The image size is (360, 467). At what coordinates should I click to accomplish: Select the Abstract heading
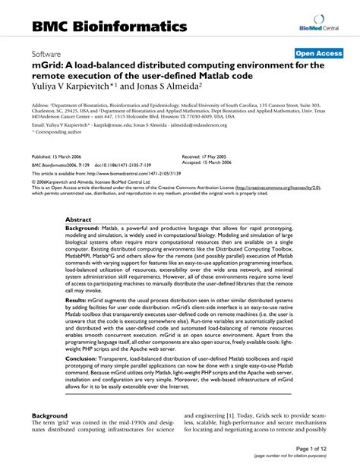(x=79, y=219)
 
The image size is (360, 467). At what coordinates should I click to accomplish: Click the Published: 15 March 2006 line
(x=58, y=155)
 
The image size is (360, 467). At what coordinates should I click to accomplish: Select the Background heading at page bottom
(x=51, y=415)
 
